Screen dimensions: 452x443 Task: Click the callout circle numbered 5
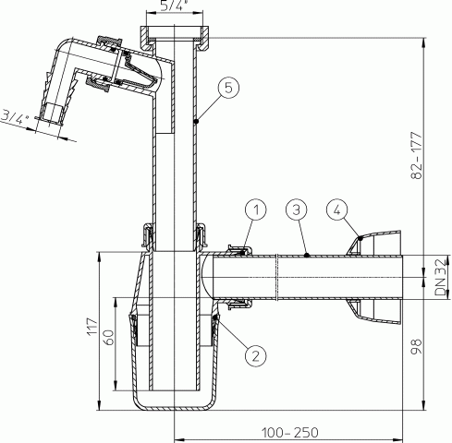(x=228, y=88)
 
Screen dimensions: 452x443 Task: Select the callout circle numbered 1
(x=256, y=210)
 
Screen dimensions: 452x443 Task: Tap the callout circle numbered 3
(x=297, y=210)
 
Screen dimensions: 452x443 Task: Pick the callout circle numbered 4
(x=337, y=210)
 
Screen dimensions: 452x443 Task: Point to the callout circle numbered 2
(x=256, y=356)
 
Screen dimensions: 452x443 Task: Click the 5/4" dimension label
(x=174, y=6)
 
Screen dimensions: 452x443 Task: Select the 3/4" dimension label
(x=15, y=117)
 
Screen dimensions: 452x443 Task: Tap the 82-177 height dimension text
(x=416, y=155)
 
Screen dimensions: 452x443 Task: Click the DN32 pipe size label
(x=440, y=277)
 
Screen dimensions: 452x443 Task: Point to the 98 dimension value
(x=416, y=346)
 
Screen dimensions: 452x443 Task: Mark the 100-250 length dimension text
(x=290, y=433)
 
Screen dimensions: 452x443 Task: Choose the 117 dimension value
(x=92, y=327)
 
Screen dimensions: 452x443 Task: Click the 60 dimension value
(x=109, y=338)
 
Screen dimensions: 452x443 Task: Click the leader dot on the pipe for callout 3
(x=306, y=255)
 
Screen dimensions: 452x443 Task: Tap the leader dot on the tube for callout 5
(x=196, y=122)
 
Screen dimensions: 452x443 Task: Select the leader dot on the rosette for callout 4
(x=360, y=238)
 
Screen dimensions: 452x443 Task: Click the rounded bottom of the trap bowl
(x=175, y=405)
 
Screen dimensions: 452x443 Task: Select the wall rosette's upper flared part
(x=374, y=242)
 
